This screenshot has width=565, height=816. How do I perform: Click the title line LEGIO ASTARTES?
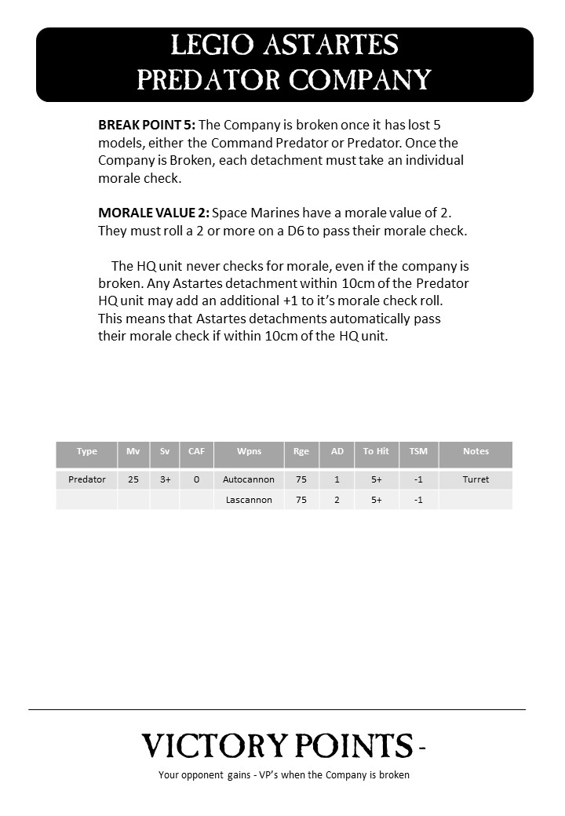click(284, 46)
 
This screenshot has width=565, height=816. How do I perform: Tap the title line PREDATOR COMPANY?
click(284, 79)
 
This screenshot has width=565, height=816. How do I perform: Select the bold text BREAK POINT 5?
click(147, 126)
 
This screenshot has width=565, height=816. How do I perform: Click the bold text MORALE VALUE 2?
click(153, 213)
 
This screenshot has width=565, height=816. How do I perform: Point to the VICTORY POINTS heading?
click(277, 745)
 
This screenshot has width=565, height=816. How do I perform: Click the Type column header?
click(87, 451)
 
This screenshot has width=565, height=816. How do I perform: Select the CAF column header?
click(196, 451)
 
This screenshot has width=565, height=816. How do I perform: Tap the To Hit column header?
click(376, 451)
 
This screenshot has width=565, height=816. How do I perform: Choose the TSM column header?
click(418, 451)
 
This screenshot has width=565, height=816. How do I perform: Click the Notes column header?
click(476, 451)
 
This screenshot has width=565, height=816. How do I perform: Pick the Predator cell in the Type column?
click(87, 479)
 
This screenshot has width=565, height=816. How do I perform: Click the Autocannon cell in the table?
click(249, 479)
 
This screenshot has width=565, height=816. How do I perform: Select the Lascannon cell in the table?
click(249, 500)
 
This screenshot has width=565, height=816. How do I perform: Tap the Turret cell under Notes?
click(476, 479)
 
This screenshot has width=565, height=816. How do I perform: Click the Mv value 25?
click(133, 479)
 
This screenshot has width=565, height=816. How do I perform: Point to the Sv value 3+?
click(165, 479)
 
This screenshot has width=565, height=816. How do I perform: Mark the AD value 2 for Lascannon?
click(337, 500)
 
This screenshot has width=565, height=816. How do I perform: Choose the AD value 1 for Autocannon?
click(337, 479)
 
